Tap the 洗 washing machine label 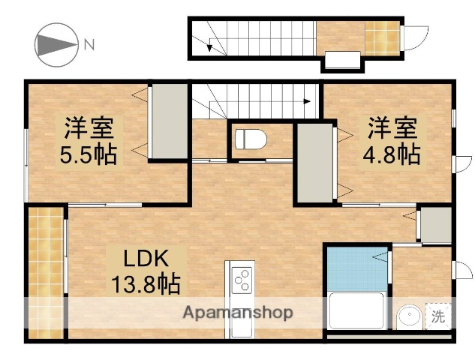[437, 316]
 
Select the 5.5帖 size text [88, 155]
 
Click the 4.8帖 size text [392, 154]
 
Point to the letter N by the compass [89, 44]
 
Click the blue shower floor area [356, 270]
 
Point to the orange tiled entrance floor [377, 34]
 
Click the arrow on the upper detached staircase [211, 46]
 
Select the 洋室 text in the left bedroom [88, 128]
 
